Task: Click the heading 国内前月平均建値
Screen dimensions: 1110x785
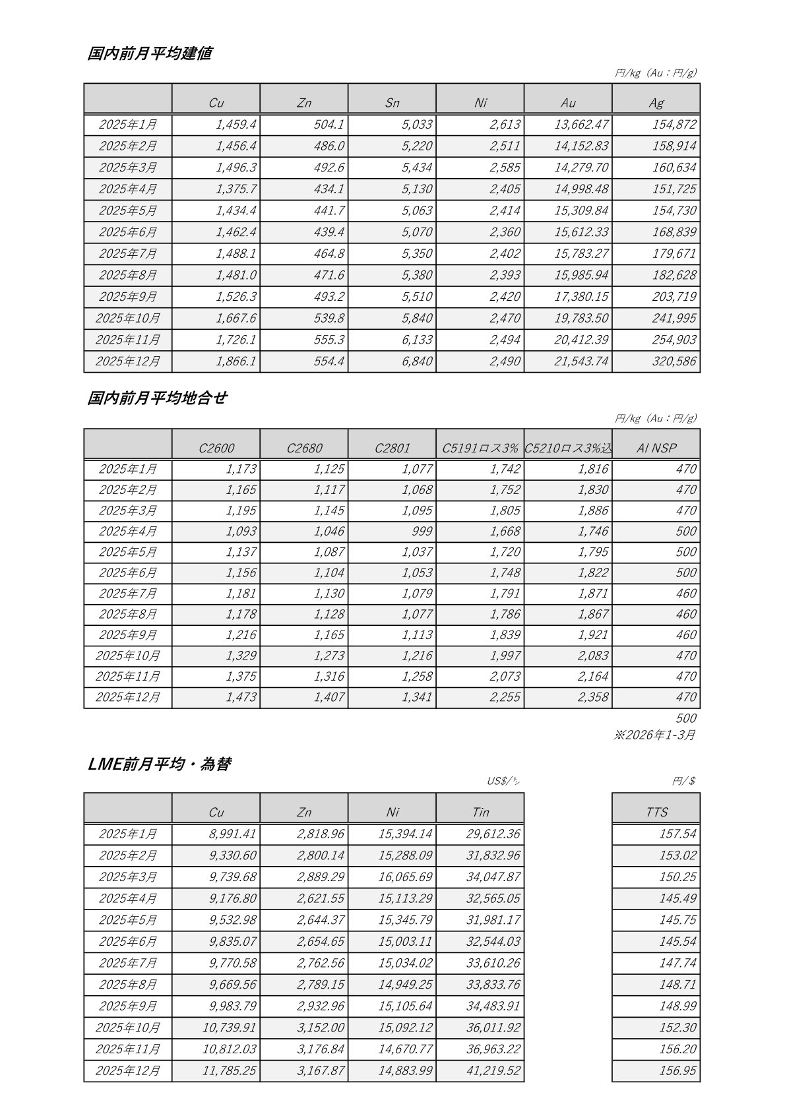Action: [149, 53]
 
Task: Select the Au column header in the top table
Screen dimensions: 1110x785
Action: [568, 102]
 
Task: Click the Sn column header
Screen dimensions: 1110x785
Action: [392, 102]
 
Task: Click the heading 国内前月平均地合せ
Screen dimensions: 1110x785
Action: [157, 398]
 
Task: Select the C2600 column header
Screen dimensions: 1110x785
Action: [216, 448]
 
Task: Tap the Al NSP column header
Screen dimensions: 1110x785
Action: [656, 448]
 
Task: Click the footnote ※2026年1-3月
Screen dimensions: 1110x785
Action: [654, 735]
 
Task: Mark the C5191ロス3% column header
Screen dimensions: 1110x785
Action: [480, 448]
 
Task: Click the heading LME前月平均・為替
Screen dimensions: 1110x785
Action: [159, 764]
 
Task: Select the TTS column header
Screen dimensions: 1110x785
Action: [656, 812]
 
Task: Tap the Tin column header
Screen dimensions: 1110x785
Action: [480, 812]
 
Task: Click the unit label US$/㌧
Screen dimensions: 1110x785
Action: [504, 781]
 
